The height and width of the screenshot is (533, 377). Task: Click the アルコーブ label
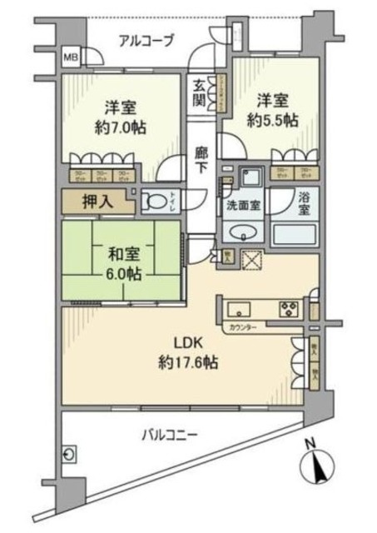[x=146, y=39]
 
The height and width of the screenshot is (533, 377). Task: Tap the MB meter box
[x=72, y=59]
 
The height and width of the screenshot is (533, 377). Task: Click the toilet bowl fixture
[x=156, y=201]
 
